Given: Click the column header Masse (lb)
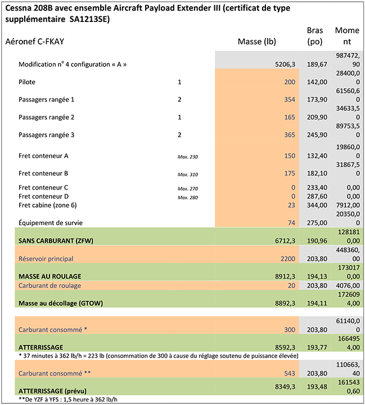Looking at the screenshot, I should (x=256, y=42).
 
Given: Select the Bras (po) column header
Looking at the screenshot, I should (x=315, y=36).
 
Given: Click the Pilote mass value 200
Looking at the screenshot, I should (x=289, y=82).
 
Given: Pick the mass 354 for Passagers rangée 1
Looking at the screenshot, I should (x=289, y=100).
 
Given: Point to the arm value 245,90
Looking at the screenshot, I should (x=316, y=135).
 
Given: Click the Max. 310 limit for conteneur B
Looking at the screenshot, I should (x=188, y=174).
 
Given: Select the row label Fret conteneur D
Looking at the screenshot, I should (x=43, y=196).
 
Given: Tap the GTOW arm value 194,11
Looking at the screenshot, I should (x=316, y=303).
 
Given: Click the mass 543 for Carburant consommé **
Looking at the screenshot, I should (x=289, y=373).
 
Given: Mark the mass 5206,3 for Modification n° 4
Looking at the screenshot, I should (x=283, y=65).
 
